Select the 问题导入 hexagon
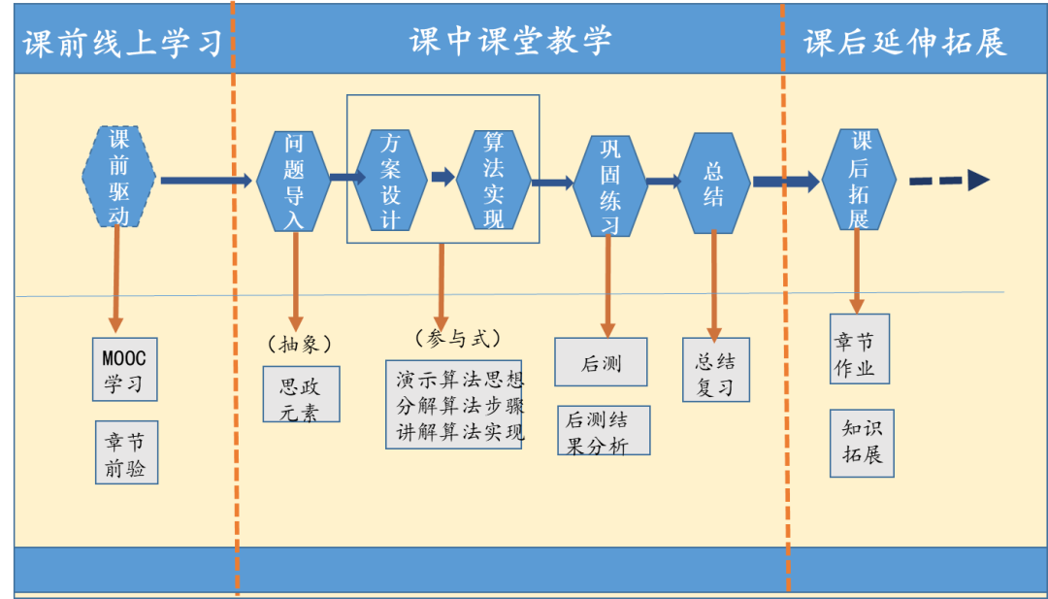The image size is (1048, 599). tap(294, 181)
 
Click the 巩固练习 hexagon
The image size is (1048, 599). tap(609, 185)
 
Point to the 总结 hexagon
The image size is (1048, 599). tap(714, 183)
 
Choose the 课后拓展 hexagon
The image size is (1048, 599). tap(859, 180)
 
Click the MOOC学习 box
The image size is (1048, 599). tap(124, 369)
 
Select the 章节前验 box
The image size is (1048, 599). tap(126, 452)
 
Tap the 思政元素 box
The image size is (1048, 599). tap(302, 394)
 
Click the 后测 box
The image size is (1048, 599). tap(601, 362)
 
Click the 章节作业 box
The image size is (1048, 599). tap(859, 349)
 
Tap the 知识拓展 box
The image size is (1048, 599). tap(862, 444)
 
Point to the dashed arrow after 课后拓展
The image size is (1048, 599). tap(948, 181)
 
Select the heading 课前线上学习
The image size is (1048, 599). tap(122, 43)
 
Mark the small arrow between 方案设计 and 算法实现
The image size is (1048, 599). tap(442, 177)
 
